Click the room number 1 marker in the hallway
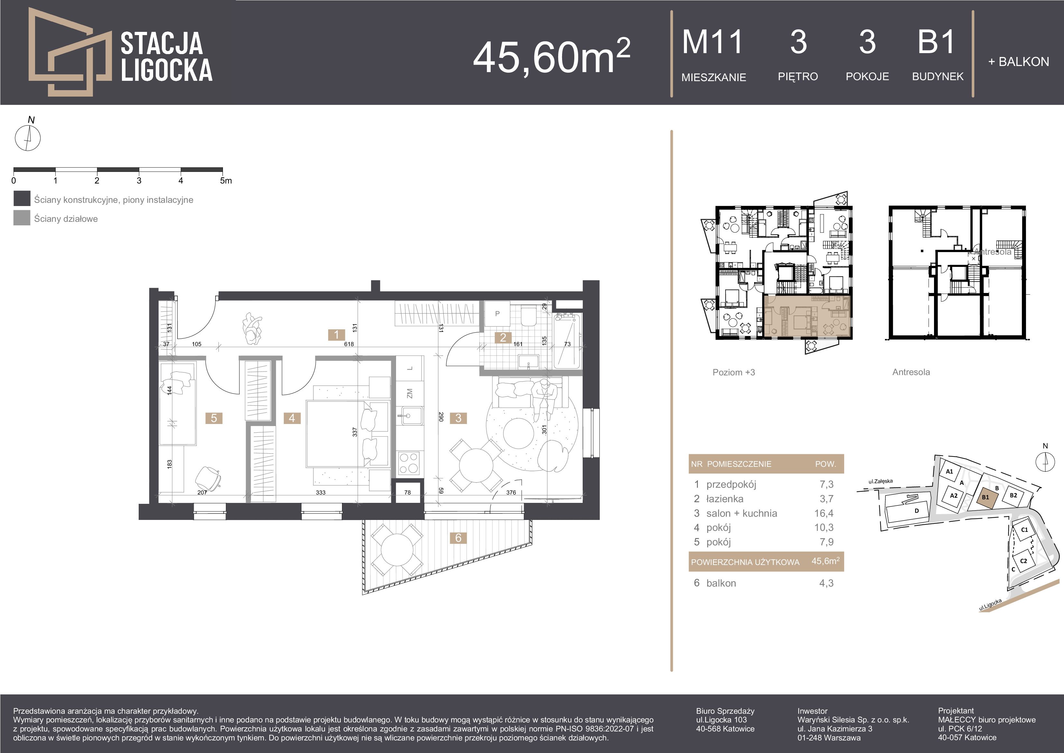pos(337,334)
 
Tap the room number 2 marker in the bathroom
pos(503,338)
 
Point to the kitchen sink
pos(410,415)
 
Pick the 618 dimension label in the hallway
pos(349,344)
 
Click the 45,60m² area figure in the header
pos(551,57)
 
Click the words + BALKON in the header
pos(1019,62)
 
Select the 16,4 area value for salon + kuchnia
pos(824,513)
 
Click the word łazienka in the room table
pos(725,499)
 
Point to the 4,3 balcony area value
pos(826,583)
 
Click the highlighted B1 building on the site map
pos(986,497)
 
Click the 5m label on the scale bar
pos(226,180)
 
